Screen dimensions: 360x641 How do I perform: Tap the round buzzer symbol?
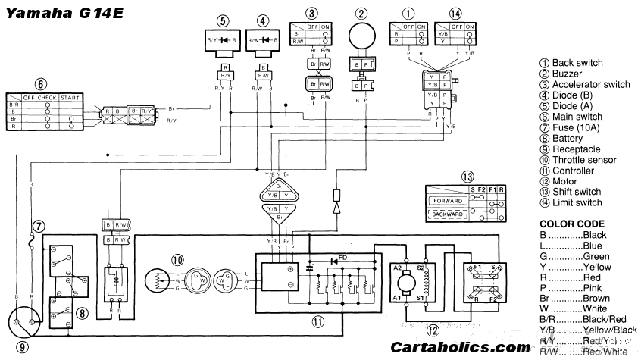(362, 39)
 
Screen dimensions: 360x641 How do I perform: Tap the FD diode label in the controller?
(343, 256)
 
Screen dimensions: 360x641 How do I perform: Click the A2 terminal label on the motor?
(398, 268)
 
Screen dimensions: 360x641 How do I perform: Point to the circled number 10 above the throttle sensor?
(177, 258)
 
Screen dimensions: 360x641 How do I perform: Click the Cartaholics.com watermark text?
(460, 348)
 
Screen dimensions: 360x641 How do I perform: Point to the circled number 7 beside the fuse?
(39, 225)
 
